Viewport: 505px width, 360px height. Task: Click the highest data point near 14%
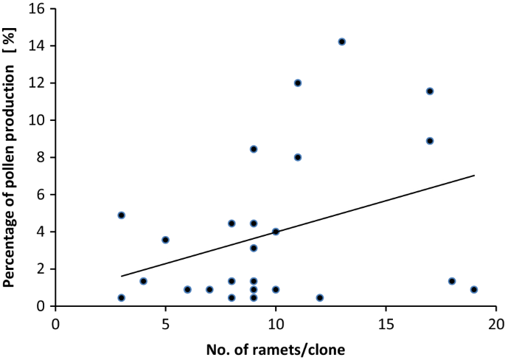click(341, 41)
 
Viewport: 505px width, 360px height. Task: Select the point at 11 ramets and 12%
click(298, 83)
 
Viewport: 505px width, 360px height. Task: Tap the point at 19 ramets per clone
click(474, 289)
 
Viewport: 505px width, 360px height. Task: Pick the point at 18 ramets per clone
click(452, 281)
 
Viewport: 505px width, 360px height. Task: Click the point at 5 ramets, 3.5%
click(166, 240)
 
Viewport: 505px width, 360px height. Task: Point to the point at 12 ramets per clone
click(320, 297)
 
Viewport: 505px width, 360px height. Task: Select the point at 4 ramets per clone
click(144, 281)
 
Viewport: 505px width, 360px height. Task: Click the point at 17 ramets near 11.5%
click(430, 91)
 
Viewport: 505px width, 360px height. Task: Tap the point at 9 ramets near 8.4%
click(254, 149)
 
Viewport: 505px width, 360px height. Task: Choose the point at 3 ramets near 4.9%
click(122, 215)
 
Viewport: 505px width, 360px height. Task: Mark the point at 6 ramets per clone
click(187, 289)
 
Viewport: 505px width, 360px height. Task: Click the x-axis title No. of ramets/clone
click(276, 347)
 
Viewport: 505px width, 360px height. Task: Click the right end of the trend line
click(474, 176)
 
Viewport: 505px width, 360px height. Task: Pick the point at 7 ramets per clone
click(209, 289)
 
